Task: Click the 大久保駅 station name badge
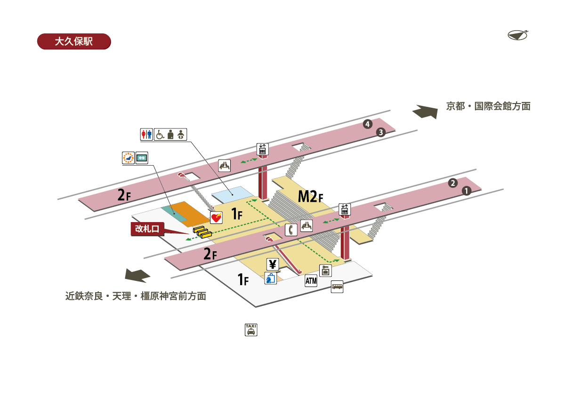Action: tap(73, 41)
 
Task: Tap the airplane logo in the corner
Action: tap(518, 35)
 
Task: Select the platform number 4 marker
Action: tap(368, 124)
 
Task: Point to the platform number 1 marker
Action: tap(466, 191)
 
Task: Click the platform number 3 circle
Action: tap(381, 132)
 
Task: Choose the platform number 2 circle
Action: tap(453, 183)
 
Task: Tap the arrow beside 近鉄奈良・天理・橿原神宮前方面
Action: tap(137, 274)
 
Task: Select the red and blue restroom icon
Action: tap(146, 135)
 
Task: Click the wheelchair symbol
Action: tap(160, 135)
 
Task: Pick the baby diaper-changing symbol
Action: tap(181, 135)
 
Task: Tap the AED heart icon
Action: tap(216, 218)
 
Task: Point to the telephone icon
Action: tap(291, 230)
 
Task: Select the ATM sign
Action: tap(311, 281)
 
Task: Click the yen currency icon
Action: tap(273, 264)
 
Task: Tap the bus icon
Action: tap(337, 286)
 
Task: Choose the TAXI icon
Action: tap(251, 329)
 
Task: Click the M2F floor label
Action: tap(311, 196)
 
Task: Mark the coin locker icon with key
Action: tap(326, 271)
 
